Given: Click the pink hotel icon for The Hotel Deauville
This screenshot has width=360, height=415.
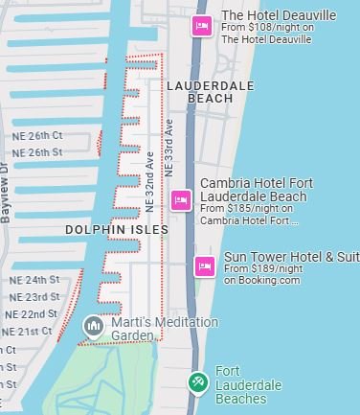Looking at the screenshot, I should [x=201, y=27].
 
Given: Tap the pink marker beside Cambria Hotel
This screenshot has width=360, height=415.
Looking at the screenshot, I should [x=180, y=199].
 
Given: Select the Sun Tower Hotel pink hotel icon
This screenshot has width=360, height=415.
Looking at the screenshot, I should [x=204, y=266].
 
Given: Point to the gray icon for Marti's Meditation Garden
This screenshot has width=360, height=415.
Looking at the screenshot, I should [x=93, y=326].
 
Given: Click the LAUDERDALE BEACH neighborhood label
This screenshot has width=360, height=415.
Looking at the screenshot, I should [x=210, y=92].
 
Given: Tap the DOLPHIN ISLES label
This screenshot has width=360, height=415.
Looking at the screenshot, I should [x=117, y=230].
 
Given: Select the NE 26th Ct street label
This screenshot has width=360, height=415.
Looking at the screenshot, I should [x=37, y=136].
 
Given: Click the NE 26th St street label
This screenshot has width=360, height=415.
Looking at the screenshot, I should [x=37, y=152].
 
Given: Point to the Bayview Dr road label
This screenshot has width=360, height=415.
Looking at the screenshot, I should [x=7, y=193].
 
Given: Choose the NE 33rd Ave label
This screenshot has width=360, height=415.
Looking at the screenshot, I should [x=169, y=146].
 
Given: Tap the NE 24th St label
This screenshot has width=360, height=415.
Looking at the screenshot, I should [x=34, y=280].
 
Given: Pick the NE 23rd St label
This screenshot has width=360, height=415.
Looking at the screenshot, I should [x=36, y=297].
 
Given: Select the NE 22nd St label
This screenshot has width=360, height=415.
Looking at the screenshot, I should [x=32, y=314].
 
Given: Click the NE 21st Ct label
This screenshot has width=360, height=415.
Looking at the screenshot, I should [x=27, y=332].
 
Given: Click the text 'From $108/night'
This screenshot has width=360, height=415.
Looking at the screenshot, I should [x=255, y=28].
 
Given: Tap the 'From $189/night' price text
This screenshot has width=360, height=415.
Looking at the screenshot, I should [x=262, y=269].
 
